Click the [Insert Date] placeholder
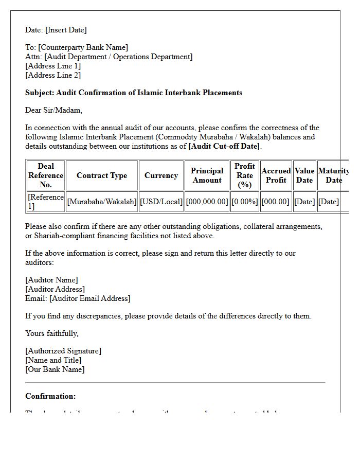[66, 30]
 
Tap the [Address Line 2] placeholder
[53, 75]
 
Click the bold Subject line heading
[134, 93]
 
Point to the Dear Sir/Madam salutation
[53, 110]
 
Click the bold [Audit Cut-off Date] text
[225, 146]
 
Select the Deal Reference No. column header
[46, 175]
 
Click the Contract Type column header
[102, 175]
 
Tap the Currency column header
[161, 175]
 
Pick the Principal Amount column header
[207, 175]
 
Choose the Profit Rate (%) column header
[245, 175]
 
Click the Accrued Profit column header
[276, 175]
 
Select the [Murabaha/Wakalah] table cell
[102, 202]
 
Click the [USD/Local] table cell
[161, 202]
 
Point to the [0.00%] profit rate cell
[245, 202]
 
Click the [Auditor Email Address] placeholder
[90, 298]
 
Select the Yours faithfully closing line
[52, 333]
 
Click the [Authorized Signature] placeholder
[63, 351]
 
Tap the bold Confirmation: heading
[50, 396]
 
